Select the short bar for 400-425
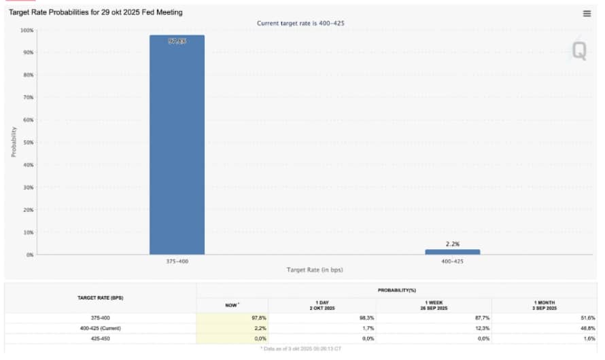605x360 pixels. pyautogui.click(x=452, y=252)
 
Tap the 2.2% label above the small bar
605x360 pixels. pyautogui.click(x=453, y=244)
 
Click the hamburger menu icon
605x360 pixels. pyautogui.click(x=587, y=14)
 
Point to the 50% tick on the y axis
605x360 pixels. pyautogui.click(x=27, y=142)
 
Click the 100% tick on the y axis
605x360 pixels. pyautogui.click(x=26, y=30)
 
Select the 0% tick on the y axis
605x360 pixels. pyautogui.click(x=29, y=255)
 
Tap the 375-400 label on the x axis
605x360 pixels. pyautogui.click(x=177, y=262)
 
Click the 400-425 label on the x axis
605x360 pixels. pyautogui.click(x=453, y=262)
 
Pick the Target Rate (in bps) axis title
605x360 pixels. pyautogui.click(x=315, y=270)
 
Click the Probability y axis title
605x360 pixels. pyautogui.click(x=13, y=141)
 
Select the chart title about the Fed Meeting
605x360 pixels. pyautogui.click(x=95, y=12)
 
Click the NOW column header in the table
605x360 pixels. pyautogui.click(x=232, y=305)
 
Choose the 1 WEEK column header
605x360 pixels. pyautogui.click(x=433, y=305)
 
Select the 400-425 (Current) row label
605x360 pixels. pyautogui.click(x=100, y=327)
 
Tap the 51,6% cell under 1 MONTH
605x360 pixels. pyautogui.click(x=588, y=318)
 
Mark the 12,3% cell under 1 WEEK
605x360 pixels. pyautogui.click(x=479, y=327)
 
